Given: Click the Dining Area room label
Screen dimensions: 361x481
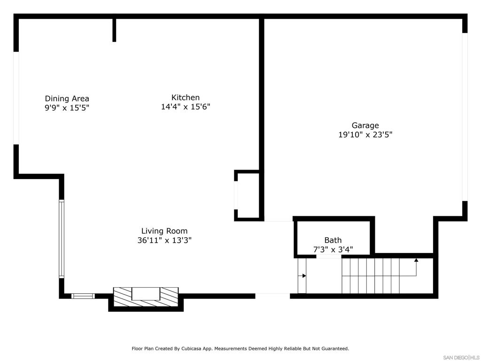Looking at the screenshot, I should tap(67, 99).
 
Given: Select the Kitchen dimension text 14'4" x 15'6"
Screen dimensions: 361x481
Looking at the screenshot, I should tap(186, 107).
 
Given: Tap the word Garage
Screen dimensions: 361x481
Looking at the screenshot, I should tap(365, 126).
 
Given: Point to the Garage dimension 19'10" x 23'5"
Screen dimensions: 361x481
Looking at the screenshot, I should tap(365, 135).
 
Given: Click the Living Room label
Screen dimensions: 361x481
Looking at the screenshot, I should tap(164, 231).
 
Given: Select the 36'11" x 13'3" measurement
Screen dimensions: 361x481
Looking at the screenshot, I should tap(164, 240).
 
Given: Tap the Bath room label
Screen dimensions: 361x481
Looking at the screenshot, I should tap(333, 240).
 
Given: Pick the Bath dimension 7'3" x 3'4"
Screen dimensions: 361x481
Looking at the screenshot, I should tap(333, 249).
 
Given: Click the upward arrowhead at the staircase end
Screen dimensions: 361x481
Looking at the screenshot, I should tap(416, 259).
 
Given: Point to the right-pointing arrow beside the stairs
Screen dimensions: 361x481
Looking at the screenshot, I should tap(304, 276).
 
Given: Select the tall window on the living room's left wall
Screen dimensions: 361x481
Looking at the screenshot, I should tap(61, 239).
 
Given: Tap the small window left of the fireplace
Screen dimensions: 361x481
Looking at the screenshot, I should tap(83, 296).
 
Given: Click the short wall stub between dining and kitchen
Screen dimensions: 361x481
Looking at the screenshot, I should tap(114, 30).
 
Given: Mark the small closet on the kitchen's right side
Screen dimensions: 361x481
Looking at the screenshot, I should tap(248, 195).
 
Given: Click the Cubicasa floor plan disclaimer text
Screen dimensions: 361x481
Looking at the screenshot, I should tap(240, 349).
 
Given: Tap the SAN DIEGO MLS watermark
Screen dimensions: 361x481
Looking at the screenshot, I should tap(461, 357).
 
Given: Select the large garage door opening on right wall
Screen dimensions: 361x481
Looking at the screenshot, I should tap(465, 117).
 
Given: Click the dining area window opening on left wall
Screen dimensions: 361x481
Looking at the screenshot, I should tap(16, 98).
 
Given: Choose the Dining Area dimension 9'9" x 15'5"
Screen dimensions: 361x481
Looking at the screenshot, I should tap(67, 108).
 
